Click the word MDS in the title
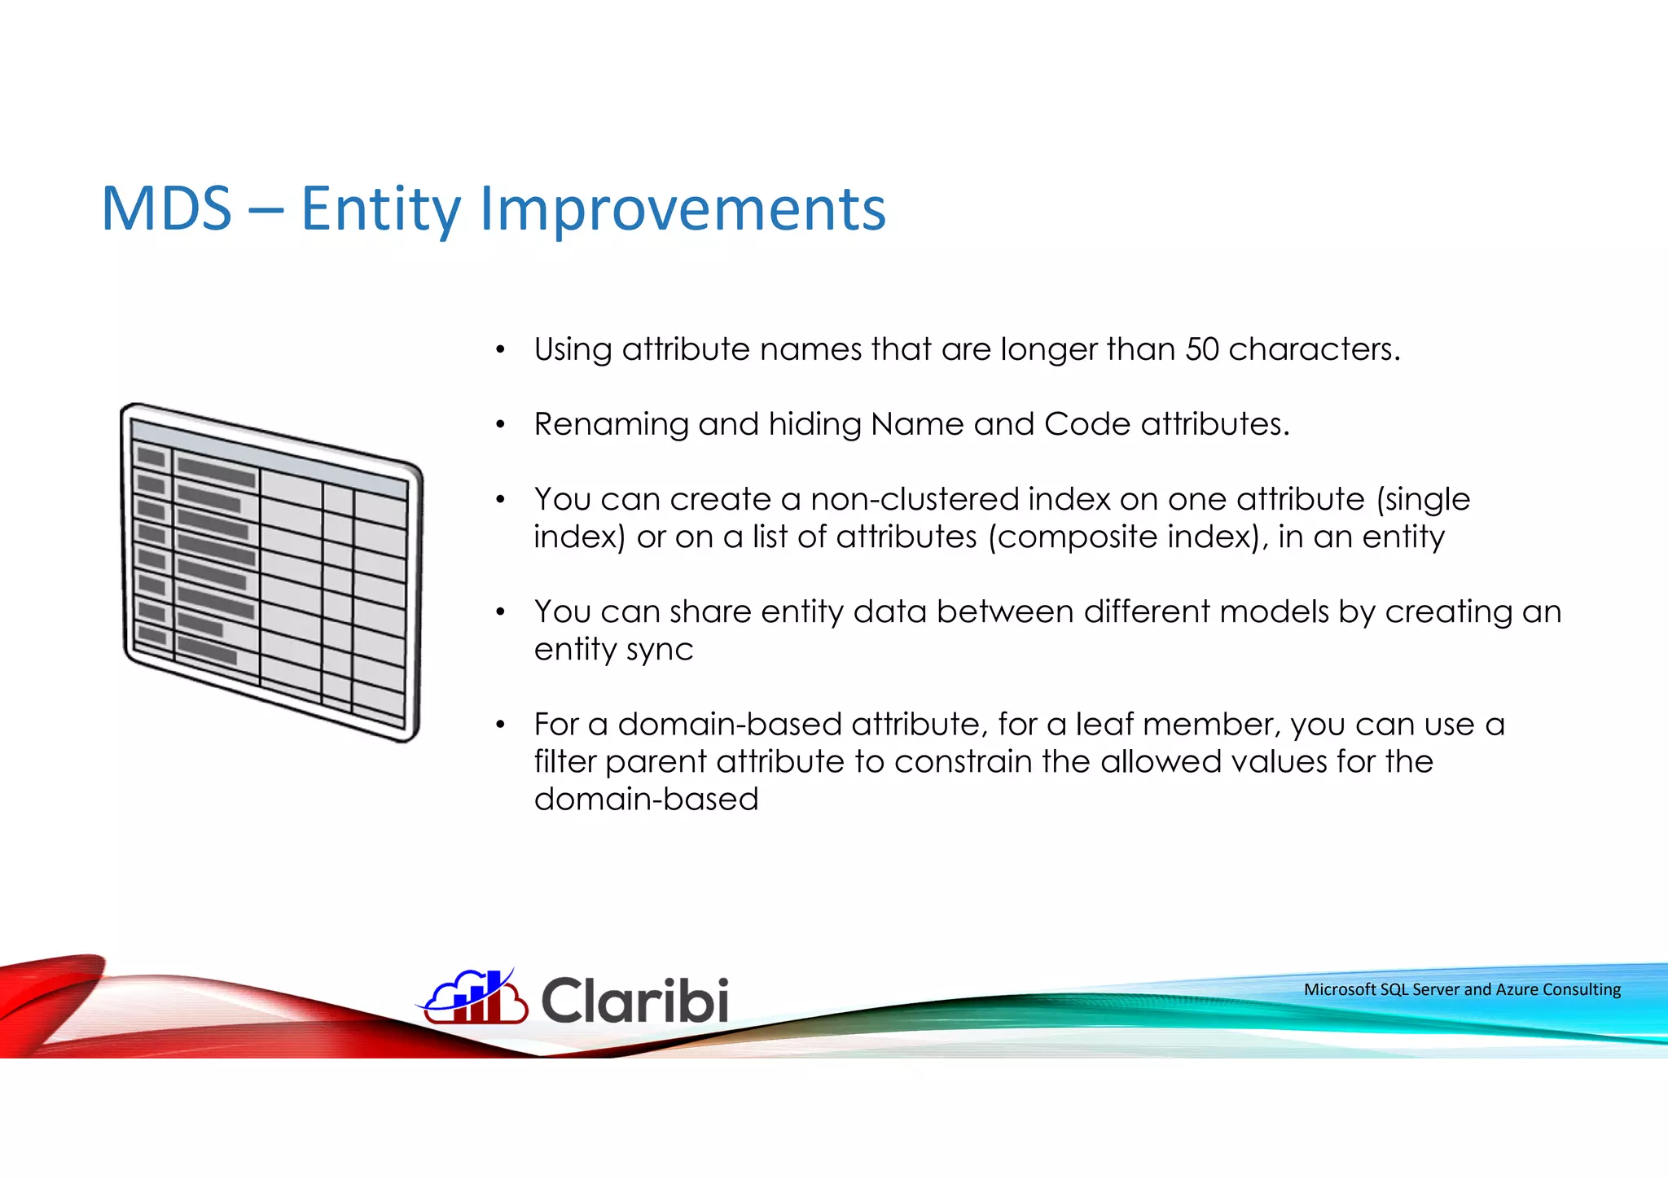[167, 209]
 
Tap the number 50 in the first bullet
[1202, 349]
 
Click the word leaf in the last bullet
[1104, 724]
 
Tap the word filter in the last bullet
[565, 761]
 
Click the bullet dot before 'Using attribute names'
[501, 351]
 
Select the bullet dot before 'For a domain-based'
[501, 725]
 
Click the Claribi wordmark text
[634, 1000]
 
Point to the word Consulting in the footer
[1582, 989]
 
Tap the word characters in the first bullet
[1314, 349]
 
